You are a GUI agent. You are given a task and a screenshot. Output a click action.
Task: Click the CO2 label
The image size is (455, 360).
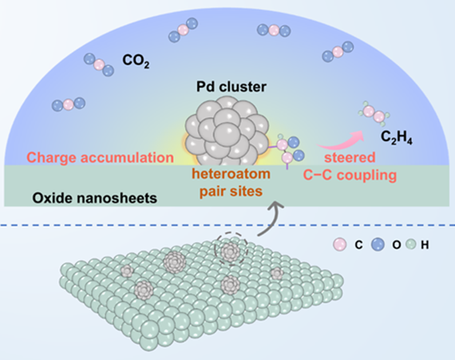tap(136, 61)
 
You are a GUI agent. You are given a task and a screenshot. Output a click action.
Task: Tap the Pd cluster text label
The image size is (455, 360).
tap(231, 87)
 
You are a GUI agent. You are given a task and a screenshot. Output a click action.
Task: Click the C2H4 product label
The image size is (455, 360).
tap(397, 137)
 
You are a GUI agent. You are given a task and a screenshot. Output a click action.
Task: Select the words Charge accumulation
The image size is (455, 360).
tap(101, 157)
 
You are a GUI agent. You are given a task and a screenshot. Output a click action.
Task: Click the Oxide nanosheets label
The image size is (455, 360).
tap(95, 199)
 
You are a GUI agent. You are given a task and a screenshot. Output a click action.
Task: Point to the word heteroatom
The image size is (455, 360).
tap(231, 174)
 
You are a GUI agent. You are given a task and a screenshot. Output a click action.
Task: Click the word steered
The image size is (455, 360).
tap(350, 157)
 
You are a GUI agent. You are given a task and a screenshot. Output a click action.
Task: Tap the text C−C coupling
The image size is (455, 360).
tap(350, 176)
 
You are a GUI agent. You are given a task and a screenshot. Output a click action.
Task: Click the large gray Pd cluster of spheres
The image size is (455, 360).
tap(227, 131)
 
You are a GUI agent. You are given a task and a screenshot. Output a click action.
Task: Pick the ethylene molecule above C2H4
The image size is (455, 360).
tap(374, 113)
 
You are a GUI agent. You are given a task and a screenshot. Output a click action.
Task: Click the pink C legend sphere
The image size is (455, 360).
tap(339, 245)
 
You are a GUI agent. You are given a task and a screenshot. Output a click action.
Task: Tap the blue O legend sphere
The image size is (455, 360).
tap(378, 245)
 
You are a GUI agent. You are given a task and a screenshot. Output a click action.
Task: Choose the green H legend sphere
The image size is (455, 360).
tap(411, 245)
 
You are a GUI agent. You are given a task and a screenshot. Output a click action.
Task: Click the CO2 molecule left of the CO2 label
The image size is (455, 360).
tap(99, 65)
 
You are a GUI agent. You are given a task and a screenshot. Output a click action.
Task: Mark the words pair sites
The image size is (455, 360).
tap(231, 192)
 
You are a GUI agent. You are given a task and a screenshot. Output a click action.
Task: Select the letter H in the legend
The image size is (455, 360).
tap(425, 245)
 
